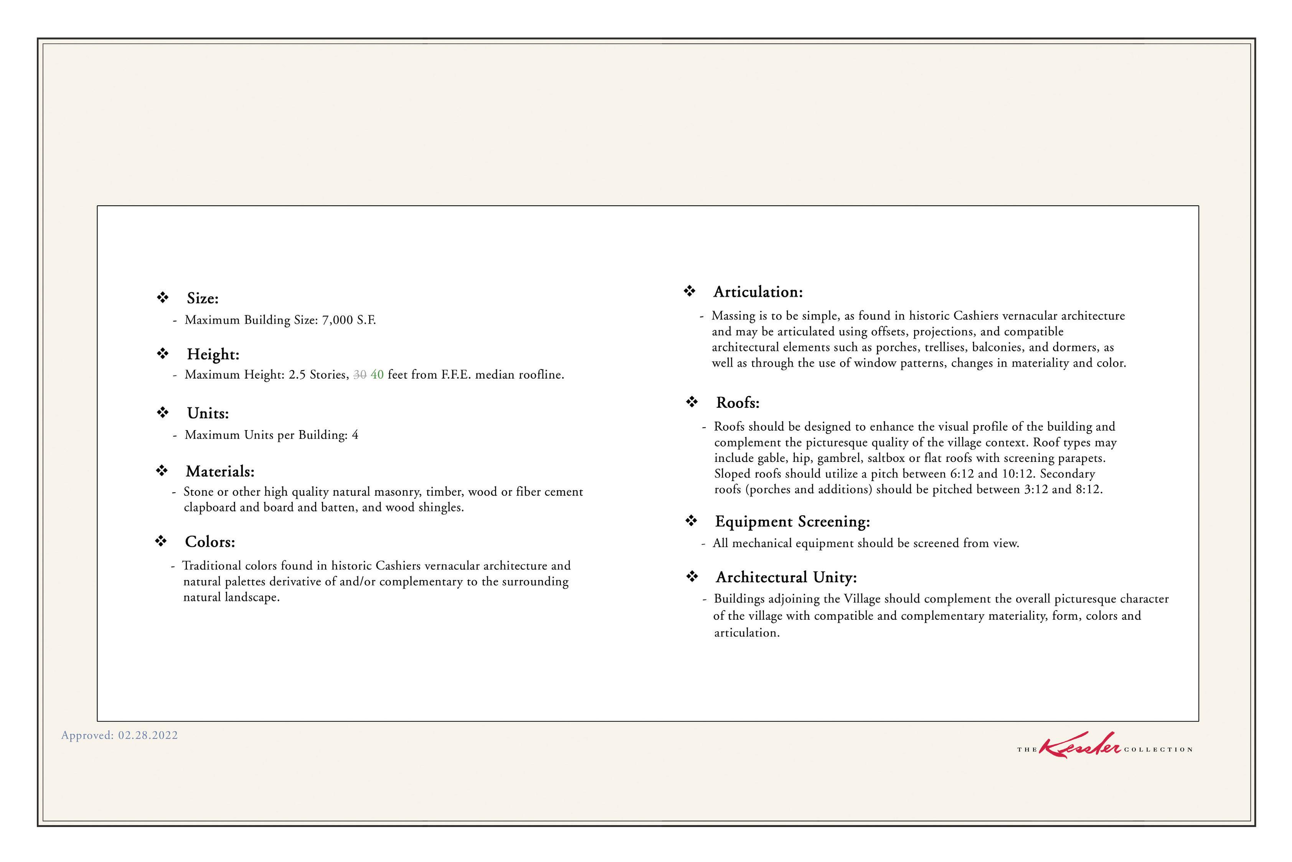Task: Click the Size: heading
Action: (202, 298)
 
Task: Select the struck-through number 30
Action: (360, 375)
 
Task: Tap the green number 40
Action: (377, 375)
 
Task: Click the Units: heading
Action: (208, 414)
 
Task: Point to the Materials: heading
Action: (220, 472)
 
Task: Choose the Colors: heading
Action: (210, 542)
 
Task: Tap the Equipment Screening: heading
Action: (792, 522)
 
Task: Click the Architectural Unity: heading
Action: (786, 577)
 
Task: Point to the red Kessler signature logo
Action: (1080, 746)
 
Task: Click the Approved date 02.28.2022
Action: (148, 736)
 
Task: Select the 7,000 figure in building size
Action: (337, 320)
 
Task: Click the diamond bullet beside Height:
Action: (163, 354)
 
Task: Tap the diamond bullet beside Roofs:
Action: (691, 402)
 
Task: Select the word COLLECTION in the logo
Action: (1158, 750)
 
